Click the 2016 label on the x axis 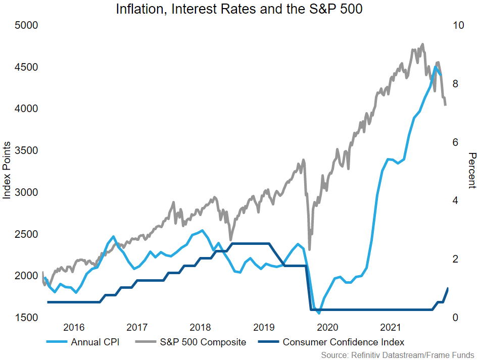(74, 327)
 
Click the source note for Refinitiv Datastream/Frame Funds (398, 355)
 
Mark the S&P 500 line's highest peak (422, 44)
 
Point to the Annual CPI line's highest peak (435, 67)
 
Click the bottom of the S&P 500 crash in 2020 (309, 249)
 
